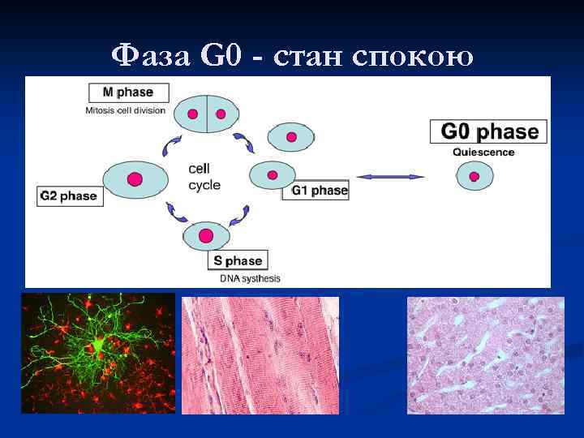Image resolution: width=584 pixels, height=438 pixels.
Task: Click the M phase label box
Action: (129, 92)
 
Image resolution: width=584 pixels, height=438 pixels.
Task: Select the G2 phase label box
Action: (71, 195)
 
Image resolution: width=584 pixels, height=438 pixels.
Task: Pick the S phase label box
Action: (238, 260)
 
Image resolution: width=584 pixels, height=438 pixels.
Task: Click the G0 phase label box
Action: (488, 132)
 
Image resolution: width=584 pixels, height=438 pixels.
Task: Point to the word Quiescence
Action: (483, 152)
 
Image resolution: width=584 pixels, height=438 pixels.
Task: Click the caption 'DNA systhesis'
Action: (251, 279)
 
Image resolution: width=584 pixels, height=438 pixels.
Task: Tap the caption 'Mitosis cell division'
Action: (126, 110)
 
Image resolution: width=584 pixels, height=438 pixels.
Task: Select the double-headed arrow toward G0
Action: (391, 176)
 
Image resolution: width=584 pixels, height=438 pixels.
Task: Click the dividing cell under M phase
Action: (204, 114)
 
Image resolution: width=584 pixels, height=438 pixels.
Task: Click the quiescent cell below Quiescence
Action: (474, 176)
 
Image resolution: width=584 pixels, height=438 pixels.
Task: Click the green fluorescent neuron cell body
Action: (98, 346)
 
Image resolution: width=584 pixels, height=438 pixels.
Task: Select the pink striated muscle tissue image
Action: (260, 355)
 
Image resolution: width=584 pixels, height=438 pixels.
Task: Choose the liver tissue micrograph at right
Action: (485, 355)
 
